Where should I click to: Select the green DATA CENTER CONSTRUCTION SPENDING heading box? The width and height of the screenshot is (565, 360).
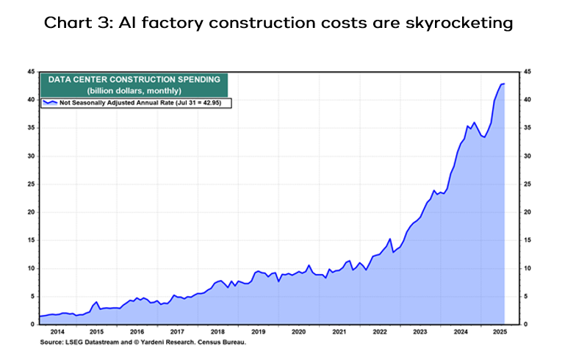point(134,84)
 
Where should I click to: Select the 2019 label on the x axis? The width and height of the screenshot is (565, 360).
point(259,332)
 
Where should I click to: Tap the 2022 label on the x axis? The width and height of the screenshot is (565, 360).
point(379,332)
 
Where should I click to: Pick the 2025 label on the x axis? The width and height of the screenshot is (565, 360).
point(500,332)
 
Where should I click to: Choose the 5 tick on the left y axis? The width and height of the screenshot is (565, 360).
point(32,297)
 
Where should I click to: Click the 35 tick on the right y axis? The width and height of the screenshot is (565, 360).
point(526,128)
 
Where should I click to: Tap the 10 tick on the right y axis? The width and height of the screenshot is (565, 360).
point(526,269)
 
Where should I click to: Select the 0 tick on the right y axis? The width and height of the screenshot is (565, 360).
point(524,325)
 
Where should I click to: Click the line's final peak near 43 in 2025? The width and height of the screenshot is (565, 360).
point(503,84)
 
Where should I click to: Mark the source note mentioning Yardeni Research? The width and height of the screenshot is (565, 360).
point(143,342)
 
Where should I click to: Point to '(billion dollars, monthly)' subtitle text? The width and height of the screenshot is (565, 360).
point(134,90)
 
